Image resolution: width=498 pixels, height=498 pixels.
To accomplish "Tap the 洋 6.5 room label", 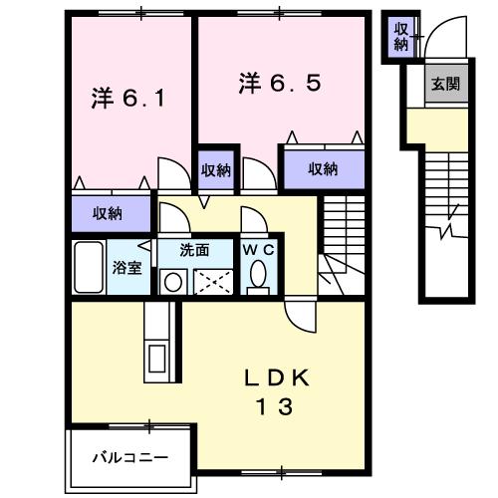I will coord(279,84).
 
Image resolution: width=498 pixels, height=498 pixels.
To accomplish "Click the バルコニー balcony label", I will coord(130,458).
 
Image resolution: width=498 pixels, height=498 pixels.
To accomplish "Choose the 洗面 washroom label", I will coord(194,251).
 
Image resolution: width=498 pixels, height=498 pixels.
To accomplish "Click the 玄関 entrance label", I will coord(444,85).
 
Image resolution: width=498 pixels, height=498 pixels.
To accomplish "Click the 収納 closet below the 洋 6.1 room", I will coord(108,212).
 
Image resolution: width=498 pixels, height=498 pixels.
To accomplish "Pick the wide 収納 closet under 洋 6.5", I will coord(322,169).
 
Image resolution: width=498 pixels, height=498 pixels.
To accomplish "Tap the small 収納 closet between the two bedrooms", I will coord(216,169).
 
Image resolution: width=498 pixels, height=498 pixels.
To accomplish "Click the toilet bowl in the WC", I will coord(260,276).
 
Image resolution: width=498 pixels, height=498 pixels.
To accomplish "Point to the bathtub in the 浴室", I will coord(90,267).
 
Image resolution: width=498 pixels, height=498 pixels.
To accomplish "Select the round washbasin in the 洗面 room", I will coord(171,282).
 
